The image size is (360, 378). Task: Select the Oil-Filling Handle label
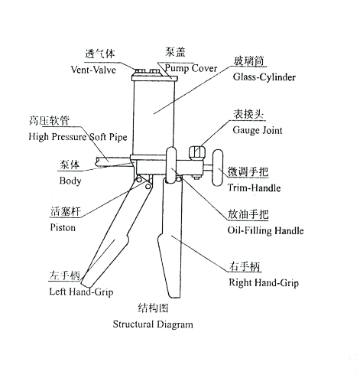click(266, 230)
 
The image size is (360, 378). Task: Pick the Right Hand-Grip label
click(264, 282)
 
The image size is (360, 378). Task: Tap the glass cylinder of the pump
click(153, 111)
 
